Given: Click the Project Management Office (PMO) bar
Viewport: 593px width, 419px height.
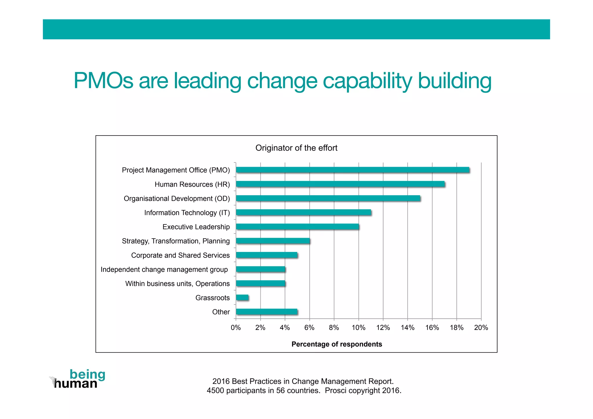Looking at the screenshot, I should coord(352,170).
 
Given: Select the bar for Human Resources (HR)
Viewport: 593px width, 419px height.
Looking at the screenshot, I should coord(340,184).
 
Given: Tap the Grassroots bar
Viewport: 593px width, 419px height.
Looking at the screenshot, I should coord(242,298).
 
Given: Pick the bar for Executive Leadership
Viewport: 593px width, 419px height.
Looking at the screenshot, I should coord(297,227).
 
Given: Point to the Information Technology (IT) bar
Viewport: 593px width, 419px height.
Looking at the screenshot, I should coord(303,213).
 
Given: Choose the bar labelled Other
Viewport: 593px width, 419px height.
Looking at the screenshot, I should coord(267,312).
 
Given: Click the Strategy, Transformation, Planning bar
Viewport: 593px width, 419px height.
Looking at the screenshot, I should coord(273,241).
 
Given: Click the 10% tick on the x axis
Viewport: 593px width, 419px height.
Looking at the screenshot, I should coord(358,328).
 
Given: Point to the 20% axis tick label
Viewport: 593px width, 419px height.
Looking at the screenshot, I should coord(481,328).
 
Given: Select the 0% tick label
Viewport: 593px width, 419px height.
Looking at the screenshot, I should coord(236,328).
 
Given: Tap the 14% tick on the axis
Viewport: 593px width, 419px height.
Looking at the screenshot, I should coord(407,328).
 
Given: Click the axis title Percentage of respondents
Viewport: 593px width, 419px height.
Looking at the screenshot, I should coord(336,344).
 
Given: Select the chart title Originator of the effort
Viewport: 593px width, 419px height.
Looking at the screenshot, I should coord(296,148).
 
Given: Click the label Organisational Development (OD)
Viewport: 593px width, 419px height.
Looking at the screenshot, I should coord(177,199).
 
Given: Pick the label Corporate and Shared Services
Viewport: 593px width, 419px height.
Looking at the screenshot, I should coord(180,255).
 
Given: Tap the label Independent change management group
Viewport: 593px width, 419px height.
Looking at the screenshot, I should coord(164,270).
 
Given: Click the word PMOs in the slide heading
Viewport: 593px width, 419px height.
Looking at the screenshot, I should coord(103,81).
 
